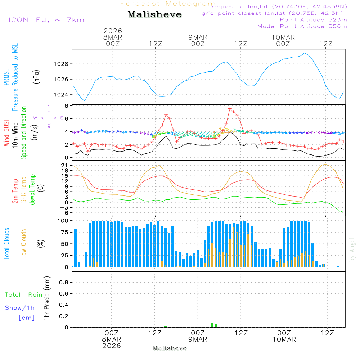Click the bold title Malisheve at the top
click(x=154, y=14)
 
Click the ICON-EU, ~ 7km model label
click(x=46, y=19)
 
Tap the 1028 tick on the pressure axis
click(x=62, y=64)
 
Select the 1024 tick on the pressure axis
click(x=62, y=95)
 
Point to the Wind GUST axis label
click(x=6, y=133)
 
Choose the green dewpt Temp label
click(x=32, y=190)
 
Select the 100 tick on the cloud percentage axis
click(x=63, y=221)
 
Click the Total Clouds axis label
click(x=6, y=244)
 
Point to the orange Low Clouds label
click(x=24, y=244)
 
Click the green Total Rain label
click(x=24, y=294)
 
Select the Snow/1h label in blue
click(x=20, y=308)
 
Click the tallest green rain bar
click(x=212, y=325)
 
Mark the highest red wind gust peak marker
click(x=230, y=108)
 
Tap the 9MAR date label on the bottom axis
click(x=198, y=339)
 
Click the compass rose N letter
click(x=49, y=106)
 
